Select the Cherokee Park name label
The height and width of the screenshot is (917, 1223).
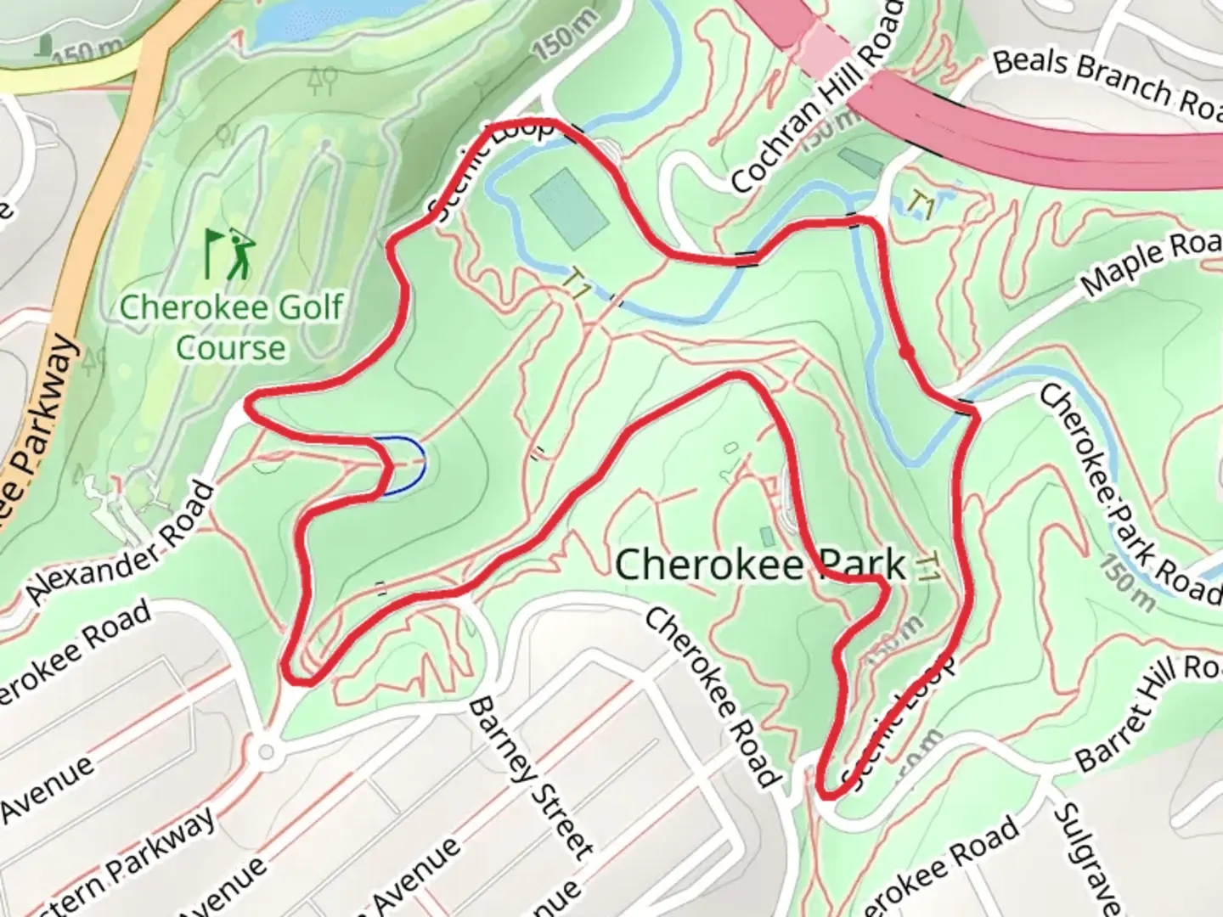759,564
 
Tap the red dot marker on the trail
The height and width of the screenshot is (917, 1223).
906,352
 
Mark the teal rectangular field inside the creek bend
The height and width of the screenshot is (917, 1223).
569,207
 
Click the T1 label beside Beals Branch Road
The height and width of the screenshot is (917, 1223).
921,204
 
